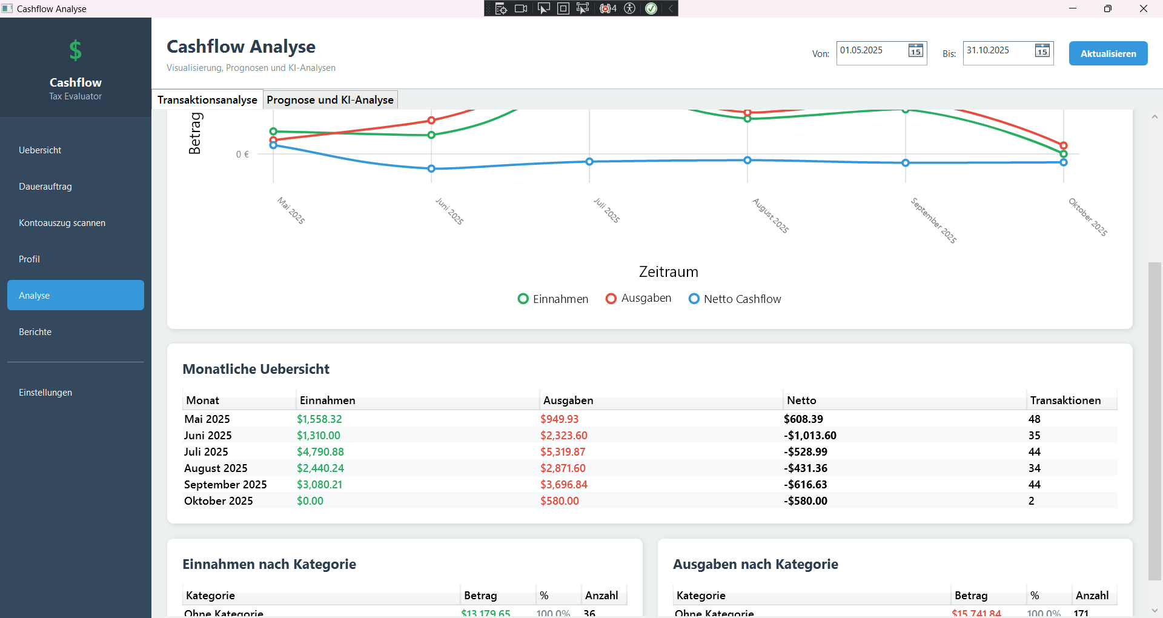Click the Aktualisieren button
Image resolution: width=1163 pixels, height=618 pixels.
(x=1108, y=53)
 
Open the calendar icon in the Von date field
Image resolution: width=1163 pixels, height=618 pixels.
(x=915, y=51)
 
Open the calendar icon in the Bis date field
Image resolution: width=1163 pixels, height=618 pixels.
(x=1042, y=51)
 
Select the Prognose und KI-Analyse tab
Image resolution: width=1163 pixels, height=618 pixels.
(x=330, y=100)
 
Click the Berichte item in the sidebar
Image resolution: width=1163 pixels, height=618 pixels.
(x=35, y=332)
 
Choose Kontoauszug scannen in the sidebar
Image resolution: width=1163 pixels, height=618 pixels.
(x=62, y=223)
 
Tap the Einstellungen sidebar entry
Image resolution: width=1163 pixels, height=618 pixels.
(x=45, y=393)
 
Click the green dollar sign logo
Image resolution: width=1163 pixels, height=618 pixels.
(x=75, y=51)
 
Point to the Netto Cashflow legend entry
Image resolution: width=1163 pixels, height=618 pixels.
(x=735, y=299)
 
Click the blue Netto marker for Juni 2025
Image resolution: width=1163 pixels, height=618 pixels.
(x=431, y=168)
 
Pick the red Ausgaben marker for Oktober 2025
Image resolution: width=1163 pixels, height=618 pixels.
(x=1064, y=145)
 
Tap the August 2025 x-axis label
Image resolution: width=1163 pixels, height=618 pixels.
(x=770, y=216)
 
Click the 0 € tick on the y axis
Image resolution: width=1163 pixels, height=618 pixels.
(x=242, y=154)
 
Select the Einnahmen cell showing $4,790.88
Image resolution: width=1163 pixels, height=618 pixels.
(x=320, y=452)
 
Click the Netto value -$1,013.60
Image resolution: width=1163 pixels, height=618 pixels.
(x=810, y=436)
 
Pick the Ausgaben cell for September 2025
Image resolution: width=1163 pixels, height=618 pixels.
(x=564, y=485)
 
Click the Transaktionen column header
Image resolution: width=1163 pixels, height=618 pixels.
(x=1065, y=400)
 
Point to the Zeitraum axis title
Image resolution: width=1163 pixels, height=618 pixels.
(x=668, y=272)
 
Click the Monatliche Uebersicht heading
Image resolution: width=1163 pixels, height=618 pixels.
(x=256, y=369)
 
